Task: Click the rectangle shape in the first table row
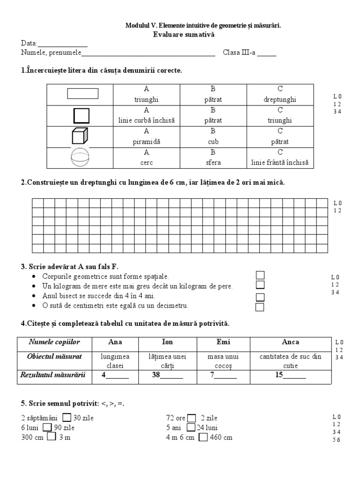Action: coord(83,94)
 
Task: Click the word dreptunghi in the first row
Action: coord(280,99)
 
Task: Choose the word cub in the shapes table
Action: coord(213,142)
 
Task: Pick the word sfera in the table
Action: coord(213,163)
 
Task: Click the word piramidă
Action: coord(146,142)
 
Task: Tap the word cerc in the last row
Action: coord(146,163)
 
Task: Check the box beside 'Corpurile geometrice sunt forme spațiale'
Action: coord(260,275)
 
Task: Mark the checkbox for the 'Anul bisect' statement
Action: coord(260,297)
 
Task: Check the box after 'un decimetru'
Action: coord(260,307)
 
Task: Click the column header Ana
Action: coord(115,342)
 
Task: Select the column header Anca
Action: coord(291,342)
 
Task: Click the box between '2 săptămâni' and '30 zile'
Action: coord(67,418)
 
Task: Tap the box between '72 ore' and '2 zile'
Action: coord(192,418)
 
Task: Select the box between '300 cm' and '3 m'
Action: coord(52,437)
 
